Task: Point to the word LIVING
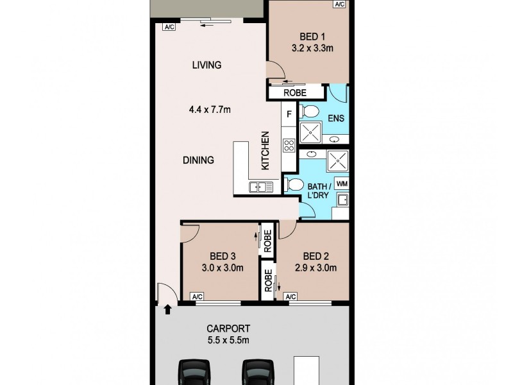click(x=206, y=65)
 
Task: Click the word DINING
click(x=198, y=160)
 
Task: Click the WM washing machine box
click(x=342, y=184)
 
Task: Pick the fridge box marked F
click(x=289, y=115)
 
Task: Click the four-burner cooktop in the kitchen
click(x=289, y=145)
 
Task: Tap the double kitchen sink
click(x=261, y=187)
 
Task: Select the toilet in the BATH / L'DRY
click(x=295, y=185)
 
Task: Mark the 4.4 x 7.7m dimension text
click(x=210, y=110)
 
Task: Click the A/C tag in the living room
click(x=169, y=27)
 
